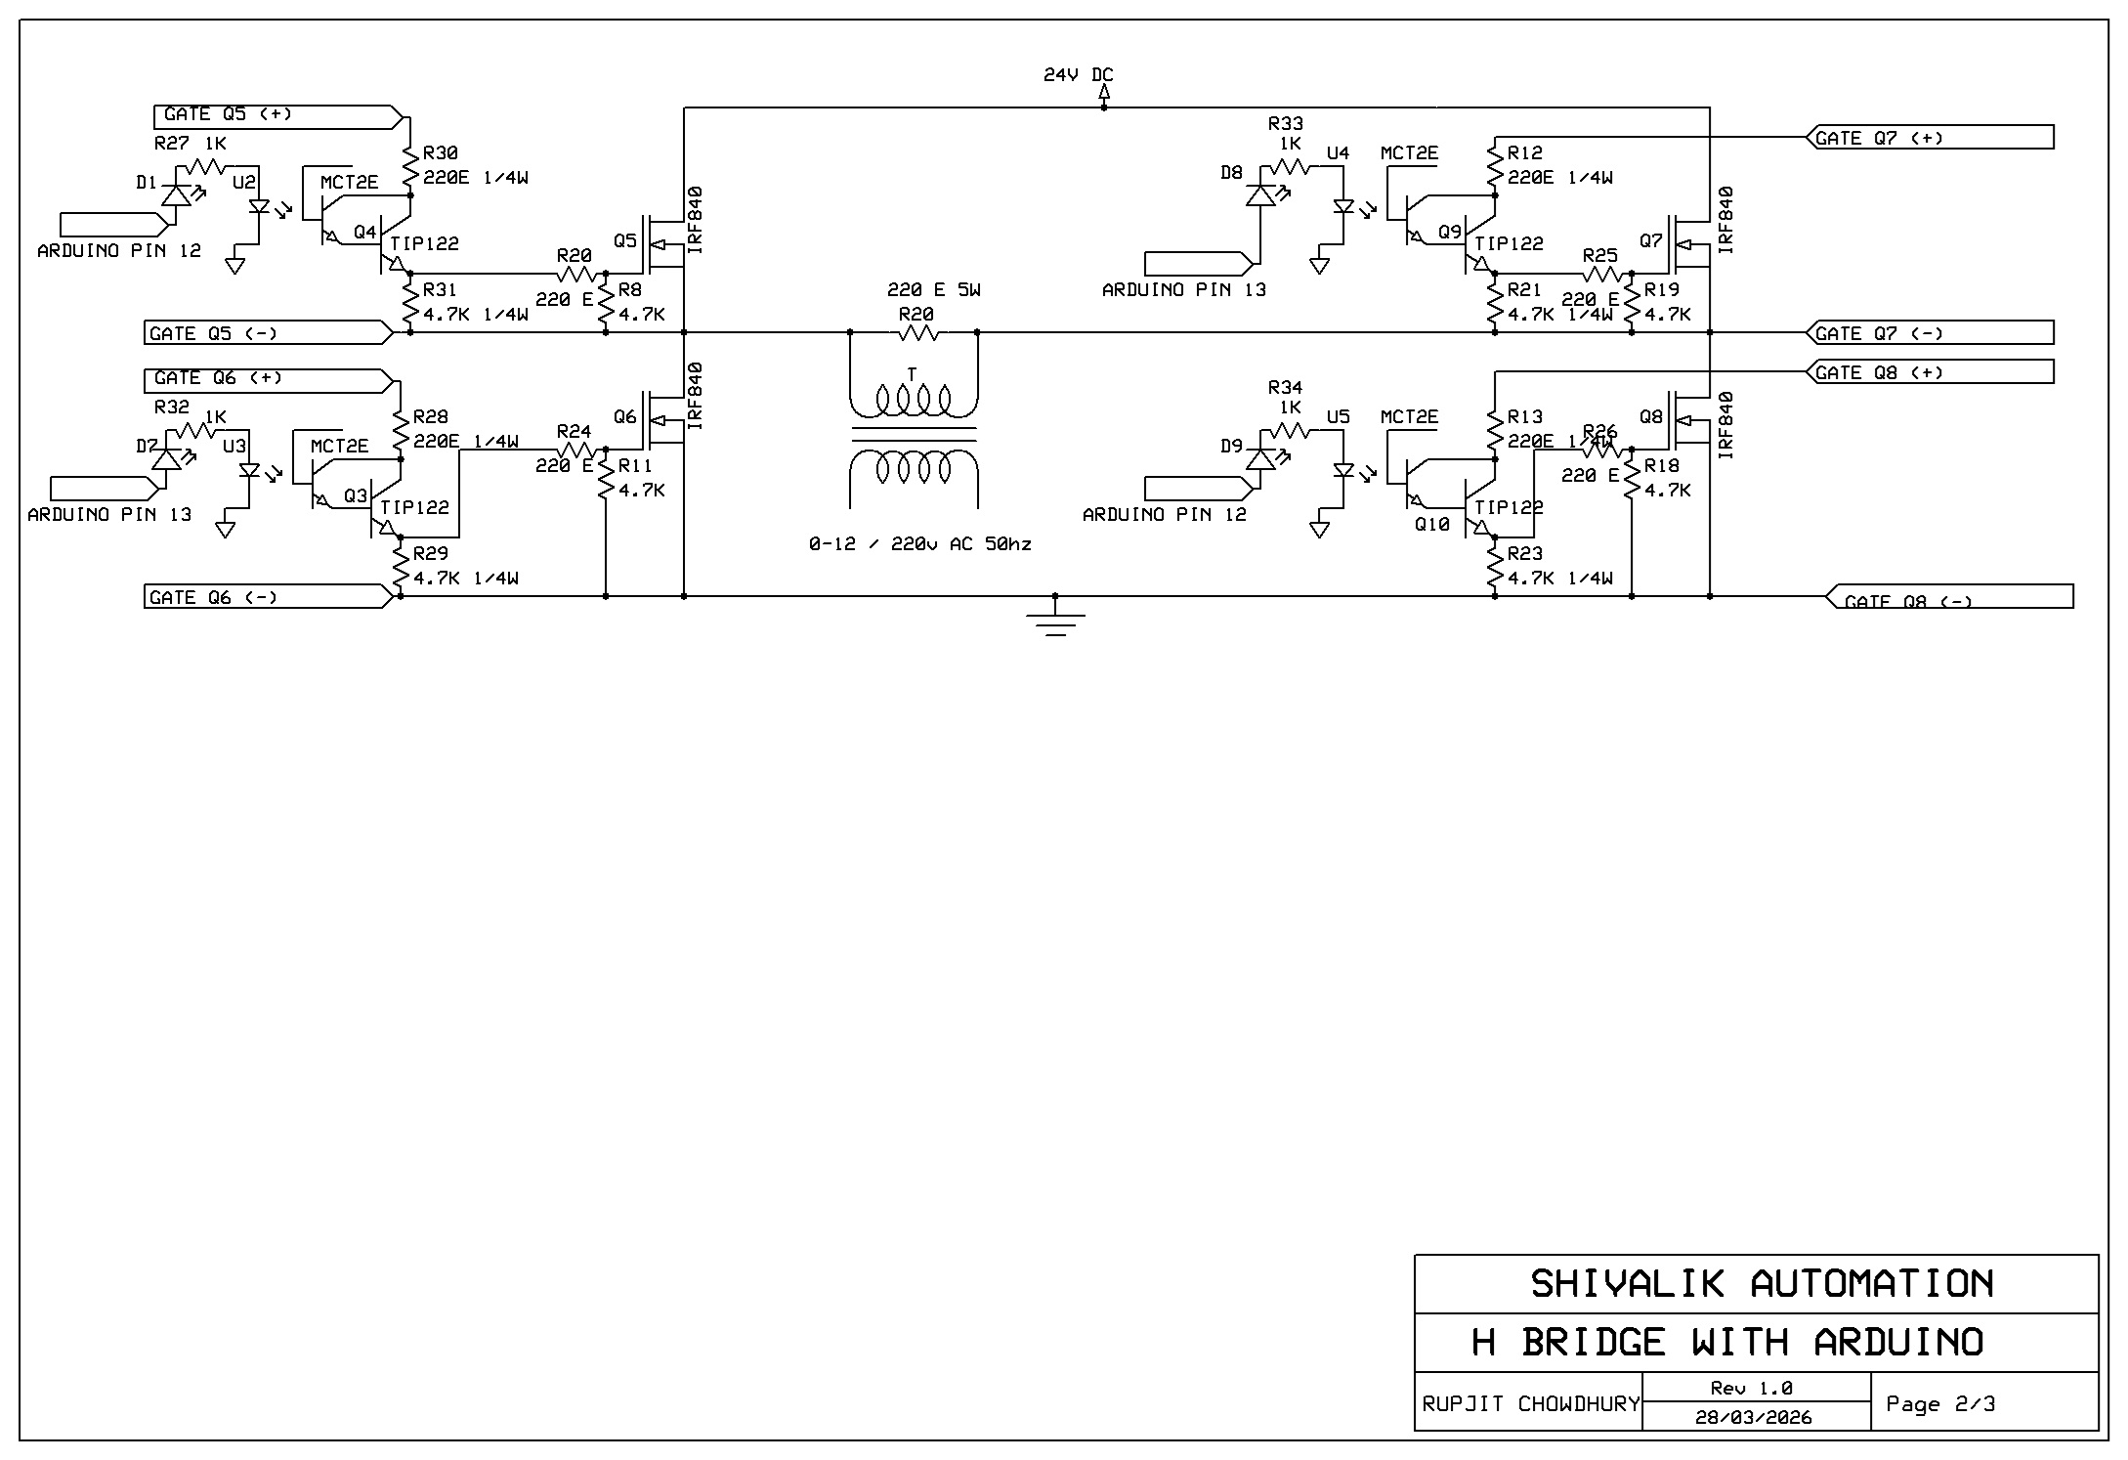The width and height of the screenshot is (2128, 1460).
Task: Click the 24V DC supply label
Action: [x=1078, y=75]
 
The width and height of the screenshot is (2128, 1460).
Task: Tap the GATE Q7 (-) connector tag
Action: [x=1930, y=333]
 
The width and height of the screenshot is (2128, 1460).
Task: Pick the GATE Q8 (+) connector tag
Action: [x=1930, y=372]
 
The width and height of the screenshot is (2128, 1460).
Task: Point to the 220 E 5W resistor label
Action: [x=933, y=290]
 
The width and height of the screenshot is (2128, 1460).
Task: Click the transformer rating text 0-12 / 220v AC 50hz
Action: [x=919, y=544]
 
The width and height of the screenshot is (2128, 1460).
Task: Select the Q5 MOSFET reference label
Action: [x=624, y=240]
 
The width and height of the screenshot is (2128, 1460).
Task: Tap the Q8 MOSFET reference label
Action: [x=1650, y=416]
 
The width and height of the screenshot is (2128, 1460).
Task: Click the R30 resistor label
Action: [x=440, y=153]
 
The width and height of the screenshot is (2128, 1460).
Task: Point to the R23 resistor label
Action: [x=1524, y=554]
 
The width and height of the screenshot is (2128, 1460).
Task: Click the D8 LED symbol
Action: [x=1260, y=194]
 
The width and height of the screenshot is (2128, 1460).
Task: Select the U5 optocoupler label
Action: [x=1338, y=417]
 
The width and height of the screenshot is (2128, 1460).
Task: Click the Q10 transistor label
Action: [x=1431, y=525]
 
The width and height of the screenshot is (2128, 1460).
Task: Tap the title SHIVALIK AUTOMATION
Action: [x=1761, y=1284]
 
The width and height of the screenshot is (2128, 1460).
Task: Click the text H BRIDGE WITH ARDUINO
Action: [x=1727, y=1343]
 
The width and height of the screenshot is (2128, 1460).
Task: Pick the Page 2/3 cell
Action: [x=1939, y=1404]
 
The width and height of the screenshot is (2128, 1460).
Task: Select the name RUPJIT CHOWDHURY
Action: [x=1530, y=1404]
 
